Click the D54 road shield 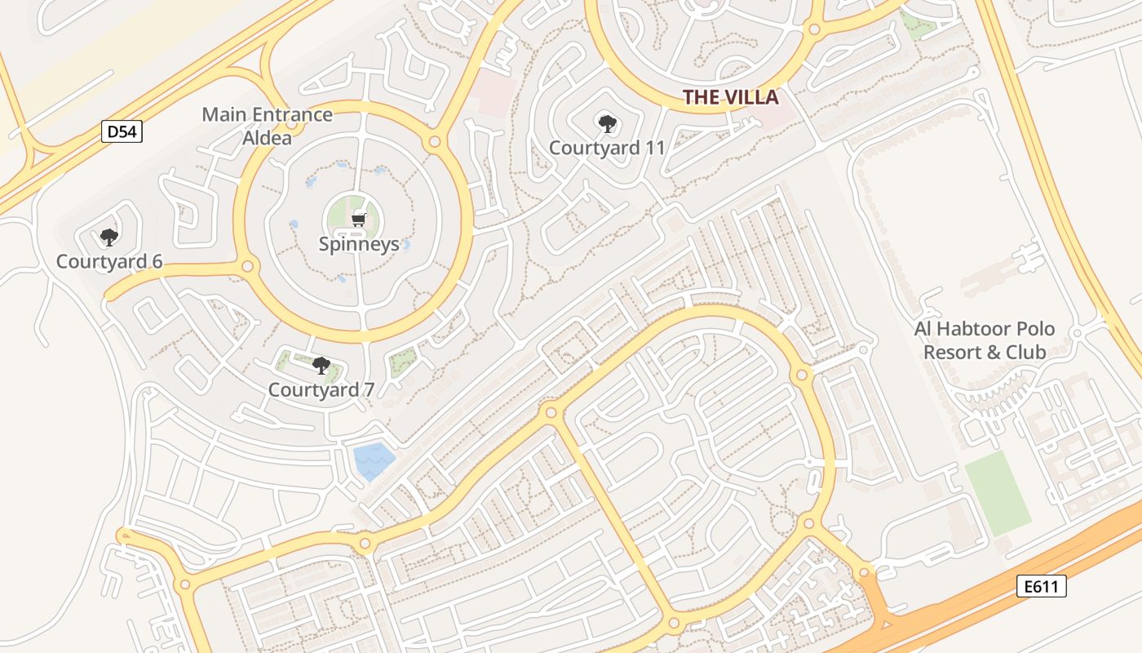point(122,131)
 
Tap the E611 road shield point(1042,585)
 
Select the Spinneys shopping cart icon point(358,220)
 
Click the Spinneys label point(359,243)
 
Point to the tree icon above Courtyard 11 point(607,124)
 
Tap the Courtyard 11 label point(607,148)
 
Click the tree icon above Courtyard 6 point(108,238)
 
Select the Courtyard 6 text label point(109,261)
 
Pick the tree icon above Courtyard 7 point(321,366)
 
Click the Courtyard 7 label point(321,390)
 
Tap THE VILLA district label point(731,98)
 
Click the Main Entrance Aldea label point(268,126)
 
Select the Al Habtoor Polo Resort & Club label point(985,340)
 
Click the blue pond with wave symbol point(374,460)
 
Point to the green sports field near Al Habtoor point(998,493)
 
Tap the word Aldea point(268,137)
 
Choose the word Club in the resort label point(1025,352)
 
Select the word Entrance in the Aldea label point(291,114)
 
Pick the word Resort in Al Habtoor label point(949,352)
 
